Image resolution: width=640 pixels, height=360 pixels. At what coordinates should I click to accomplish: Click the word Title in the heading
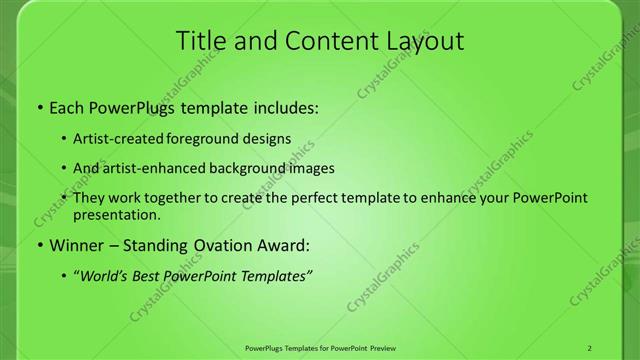pos(200,41)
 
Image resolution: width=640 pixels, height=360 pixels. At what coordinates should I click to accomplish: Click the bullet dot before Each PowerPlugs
pos(39,105)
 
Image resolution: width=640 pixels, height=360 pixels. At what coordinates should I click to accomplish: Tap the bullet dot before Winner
pos(39,245)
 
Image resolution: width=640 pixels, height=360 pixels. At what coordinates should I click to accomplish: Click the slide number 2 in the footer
pos(589,348)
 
